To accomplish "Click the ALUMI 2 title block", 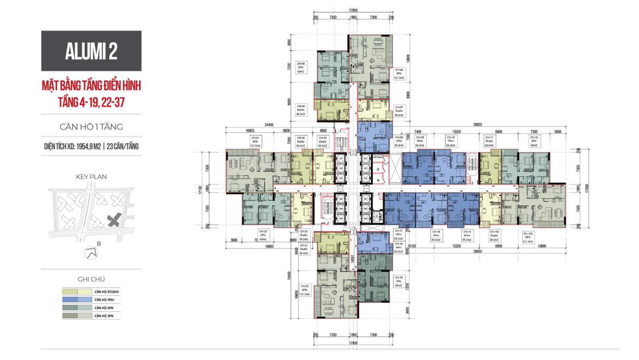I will click(91, 51).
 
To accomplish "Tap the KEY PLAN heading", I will click(91, 177).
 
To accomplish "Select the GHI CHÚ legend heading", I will click(91, 279).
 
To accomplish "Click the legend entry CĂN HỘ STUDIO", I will click(107, 292).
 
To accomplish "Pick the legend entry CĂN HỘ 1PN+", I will click(105, 300).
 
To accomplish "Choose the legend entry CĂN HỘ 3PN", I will click(104, 316).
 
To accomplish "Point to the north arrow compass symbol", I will click(92, 253).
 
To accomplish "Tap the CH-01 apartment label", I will click(255, 141).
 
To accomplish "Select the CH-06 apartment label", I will click(399, 74).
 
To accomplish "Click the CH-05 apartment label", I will click(301, 67).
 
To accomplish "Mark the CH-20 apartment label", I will click(304, 290).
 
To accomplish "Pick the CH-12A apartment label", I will click(528, 237).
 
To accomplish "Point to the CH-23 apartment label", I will click(263, 235).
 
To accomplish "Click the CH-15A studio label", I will click(494, 235).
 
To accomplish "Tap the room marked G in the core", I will click(378, 169).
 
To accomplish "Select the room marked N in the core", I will click(378, 180).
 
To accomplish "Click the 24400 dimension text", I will click(269, 125).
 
